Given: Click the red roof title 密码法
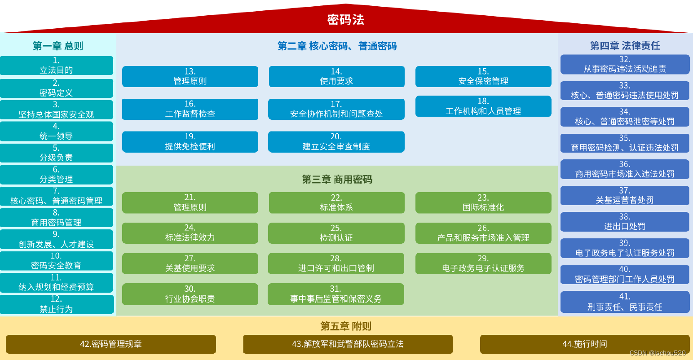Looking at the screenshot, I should (345, 20).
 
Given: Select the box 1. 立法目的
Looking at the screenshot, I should (56, 66).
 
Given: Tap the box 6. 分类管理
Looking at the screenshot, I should (56, 175).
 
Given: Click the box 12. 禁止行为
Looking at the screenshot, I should (56, 304).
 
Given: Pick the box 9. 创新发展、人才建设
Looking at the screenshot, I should (56, 239).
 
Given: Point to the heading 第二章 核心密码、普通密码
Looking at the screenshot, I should (337, 46).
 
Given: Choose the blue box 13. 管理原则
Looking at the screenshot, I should (190, 76).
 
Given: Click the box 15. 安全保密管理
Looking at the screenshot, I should (483, 76).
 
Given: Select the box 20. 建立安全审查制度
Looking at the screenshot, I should (336, 142).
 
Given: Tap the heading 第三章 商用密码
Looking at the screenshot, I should (337, 180).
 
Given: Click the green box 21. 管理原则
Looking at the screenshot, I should (190, 202).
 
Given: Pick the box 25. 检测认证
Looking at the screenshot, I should (336, 233).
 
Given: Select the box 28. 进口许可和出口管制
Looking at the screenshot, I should (336, 263).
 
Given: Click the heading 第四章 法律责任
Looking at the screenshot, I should (625, 45).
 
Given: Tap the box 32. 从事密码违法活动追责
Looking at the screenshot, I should (625, 64).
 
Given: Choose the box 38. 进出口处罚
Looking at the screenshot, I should (625, 222).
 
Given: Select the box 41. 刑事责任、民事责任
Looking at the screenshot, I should (625, 302).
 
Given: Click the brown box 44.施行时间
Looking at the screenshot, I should (584, 344).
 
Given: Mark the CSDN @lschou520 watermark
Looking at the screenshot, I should (658, 353).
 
